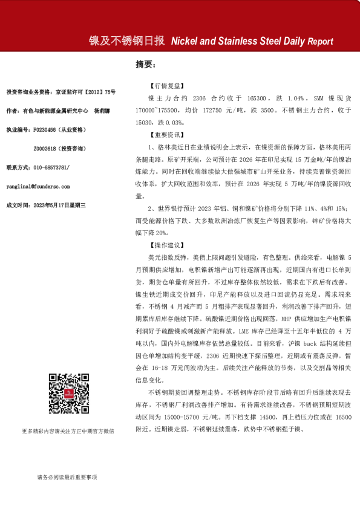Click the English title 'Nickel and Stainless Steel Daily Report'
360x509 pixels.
252,41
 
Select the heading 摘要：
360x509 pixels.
146,63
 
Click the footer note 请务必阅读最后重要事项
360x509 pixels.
66,478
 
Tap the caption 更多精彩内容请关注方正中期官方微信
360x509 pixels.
67,448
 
